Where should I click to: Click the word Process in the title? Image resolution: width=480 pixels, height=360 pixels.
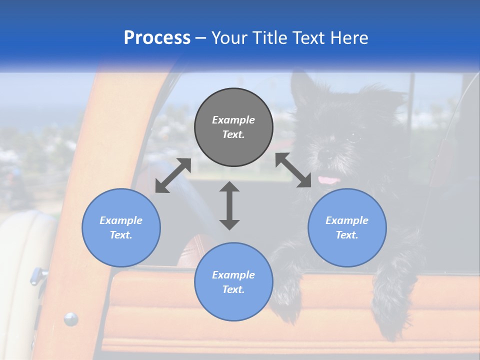tap(157, 38)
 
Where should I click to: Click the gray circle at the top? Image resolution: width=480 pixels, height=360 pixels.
tap(233, 127)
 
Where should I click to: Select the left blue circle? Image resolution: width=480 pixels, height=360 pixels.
tap(121, 227)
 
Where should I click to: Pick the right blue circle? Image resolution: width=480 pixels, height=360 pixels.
tap(347, 227)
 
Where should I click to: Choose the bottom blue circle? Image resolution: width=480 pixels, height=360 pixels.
tap(233, 281)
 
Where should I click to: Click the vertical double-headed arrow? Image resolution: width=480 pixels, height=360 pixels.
tap(229, 205)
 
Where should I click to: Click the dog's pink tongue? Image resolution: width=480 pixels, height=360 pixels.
tap(328, 180)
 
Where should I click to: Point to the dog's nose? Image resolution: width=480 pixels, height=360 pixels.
tap(324, 154)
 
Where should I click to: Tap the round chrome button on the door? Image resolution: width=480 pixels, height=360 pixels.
tap(70, 318)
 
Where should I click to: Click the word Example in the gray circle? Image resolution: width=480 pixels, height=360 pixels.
tap(233, 120)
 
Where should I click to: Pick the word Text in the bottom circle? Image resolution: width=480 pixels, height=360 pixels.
tap(233, 289)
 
